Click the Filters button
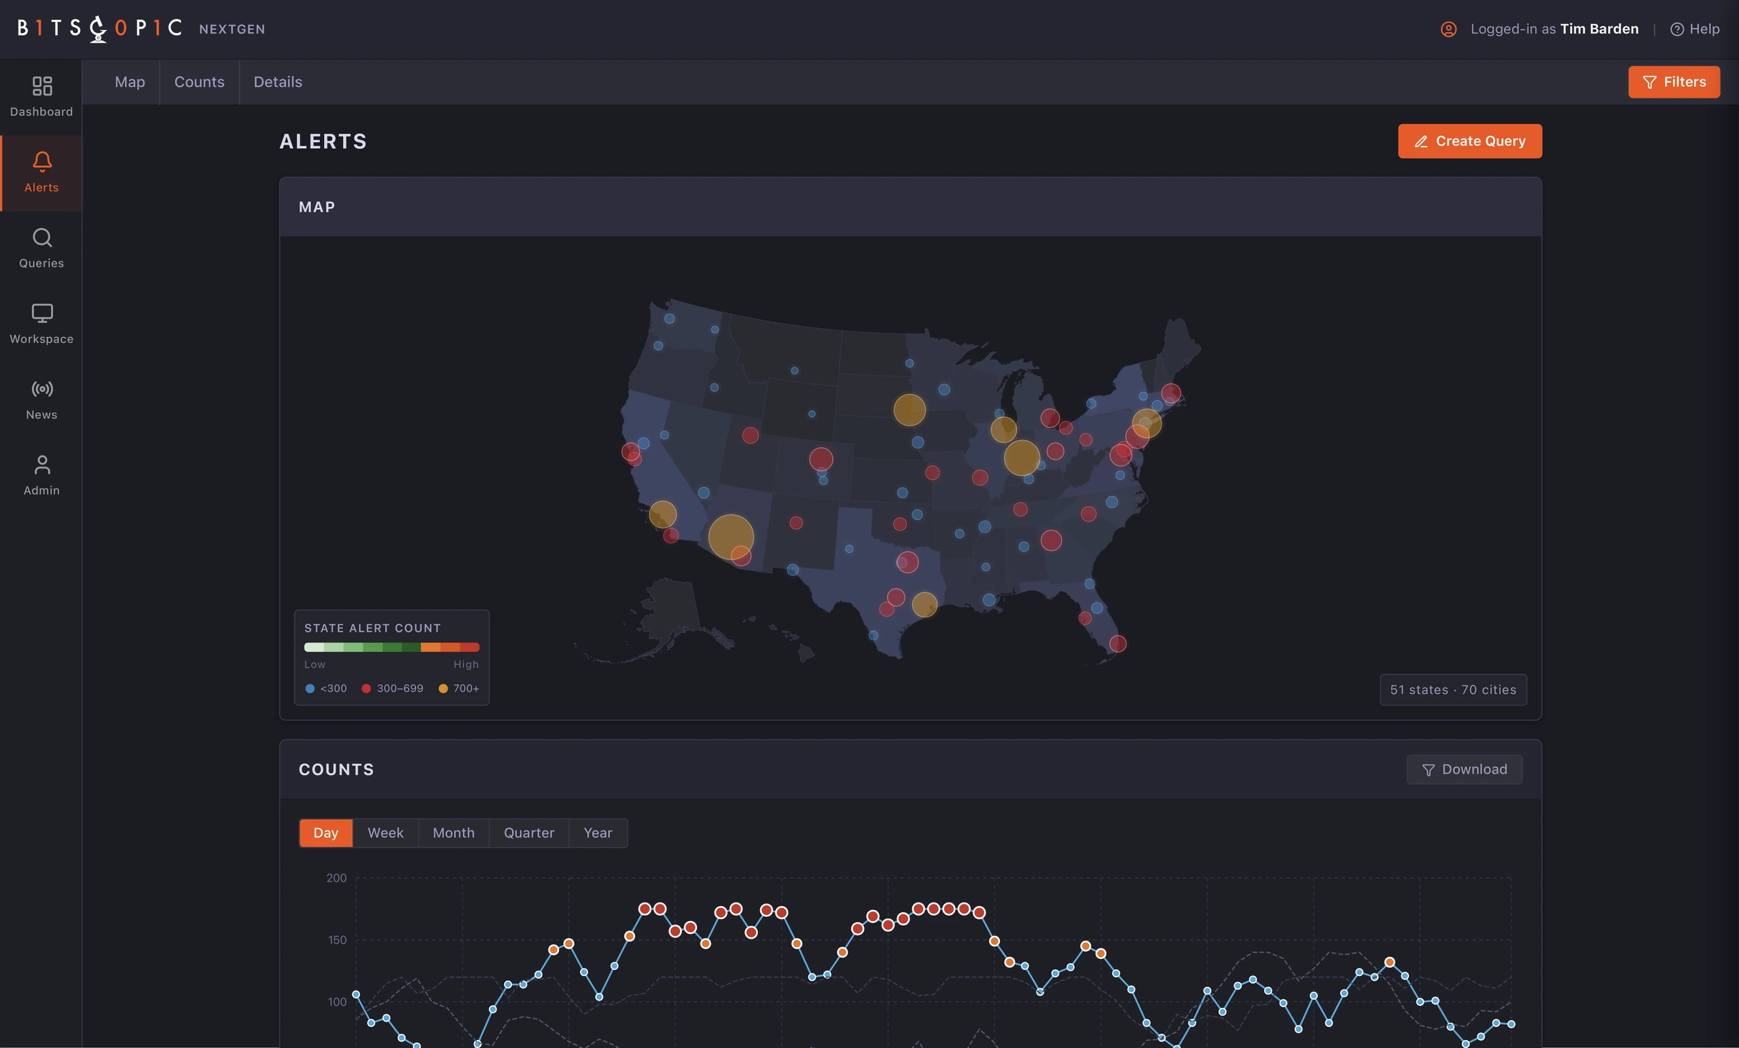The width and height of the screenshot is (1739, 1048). tap(1673, 82)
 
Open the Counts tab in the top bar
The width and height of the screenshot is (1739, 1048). tap(199, 82)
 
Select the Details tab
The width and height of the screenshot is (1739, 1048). tap(278, 82)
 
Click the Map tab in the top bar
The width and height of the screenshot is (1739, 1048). tap(130, 82)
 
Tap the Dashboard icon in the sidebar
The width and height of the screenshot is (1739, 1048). tap(41, 86)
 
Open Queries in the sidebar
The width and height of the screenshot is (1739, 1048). tap(41, 248)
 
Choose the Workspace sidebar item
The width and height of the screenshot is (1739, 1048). tap(41, 323)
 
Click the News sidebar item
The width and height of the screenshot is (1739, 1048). tap(41, 399)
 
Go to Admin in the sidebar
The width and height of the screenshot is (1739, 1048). tap(41, 475)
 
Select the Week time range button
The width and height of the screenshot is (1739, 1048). tap(385, 833)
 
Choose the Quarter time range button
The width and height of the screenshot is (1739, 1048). tap(528, 833)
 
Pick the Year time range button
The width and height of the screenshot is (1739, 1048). tap(598, 833)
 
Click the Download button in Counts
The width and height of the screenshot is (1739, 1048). tap(1465, 770)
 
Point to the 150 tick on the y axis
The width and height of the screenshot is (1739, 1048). tap(337, 940)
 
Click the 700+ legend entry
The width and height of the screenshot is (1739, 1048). tap(459, 688)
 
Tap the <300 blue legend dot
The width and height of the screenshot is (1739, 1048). tap(310, 688)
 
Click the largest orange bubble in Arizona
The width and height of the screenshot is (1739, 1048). tap(730, 537)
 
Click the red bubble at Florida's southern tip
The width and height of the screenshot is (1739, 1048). tap(1117, 644)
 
